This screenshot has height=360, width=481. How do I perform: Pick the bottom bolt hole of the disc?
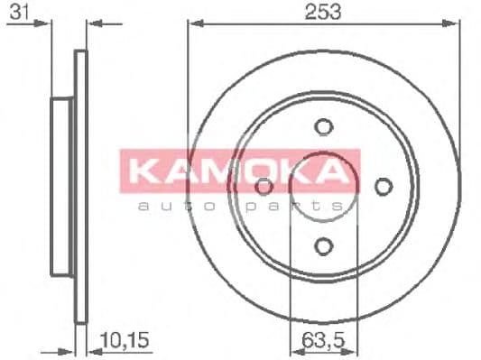pyautogui.click(x=323, y=242)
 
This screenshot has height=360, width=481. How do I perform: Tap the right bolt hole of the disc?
pyautogui.click(x=383, y=186)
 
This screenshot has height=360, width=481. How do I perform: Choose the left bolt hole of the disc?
pyautogui.click(x=264, y=187)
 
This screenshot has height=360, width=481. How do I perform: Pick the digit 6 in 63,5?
pyautogui.click(x=306, y=340)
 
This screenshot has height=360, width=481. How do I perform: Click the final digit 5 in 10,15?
pyautogui.click(x=143, y=340)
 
